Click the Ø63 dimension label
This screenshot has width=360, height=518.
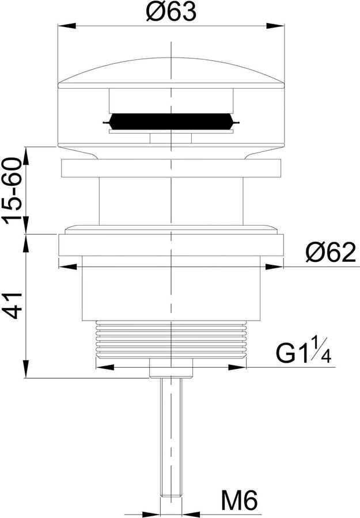click(x=171, y=12)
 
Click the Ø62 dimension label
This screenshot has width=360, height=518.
click(x=331, y=253)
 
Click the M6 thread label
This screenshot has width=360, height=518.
click(x=240, y=501)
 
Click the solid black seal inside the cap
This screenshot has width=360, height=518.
click(x=171, y=121)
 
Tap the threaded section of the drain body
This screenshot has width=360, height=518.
click(x=171, y=339)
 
